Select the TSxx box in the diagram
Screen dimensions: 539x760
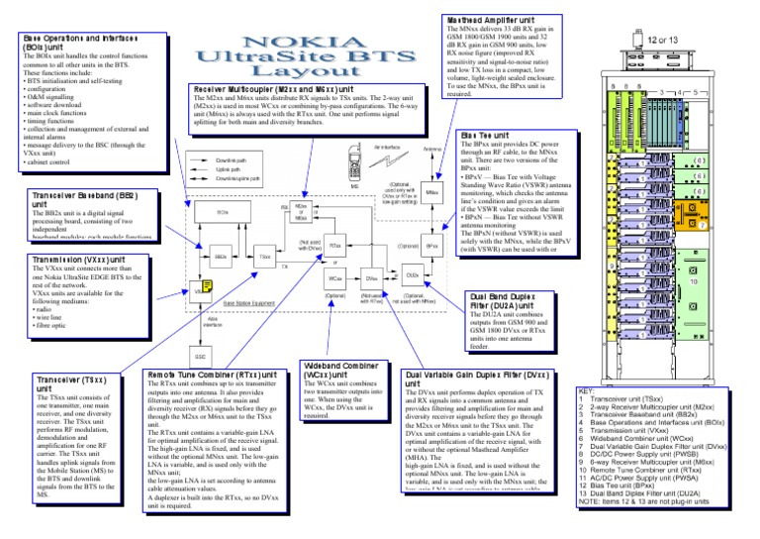point(265,257)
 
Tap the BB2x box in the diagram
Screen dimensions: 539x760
point(220,257)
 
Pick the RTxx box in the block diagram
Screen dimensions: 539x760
point(335,244)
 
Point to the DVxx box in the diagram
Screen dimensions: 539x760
point(373,280)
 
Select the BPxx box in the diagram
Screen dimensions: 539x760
point(432,244)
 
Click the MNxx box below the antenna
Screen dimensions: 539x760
point(432,191)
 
